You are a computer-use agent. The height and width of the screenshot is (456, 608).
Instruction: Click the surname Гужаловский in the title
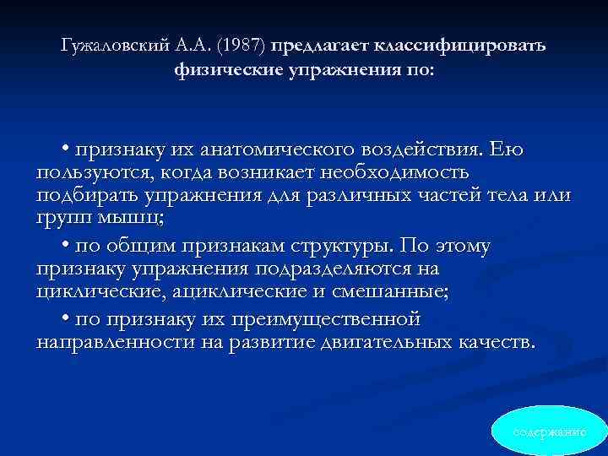point(114,45)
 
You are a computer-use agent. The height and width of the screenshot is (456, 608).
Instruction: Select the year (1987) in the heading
point(242,45)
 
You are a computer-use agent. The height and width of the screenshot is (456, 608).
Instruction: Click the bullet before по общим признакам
point(65,247)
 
